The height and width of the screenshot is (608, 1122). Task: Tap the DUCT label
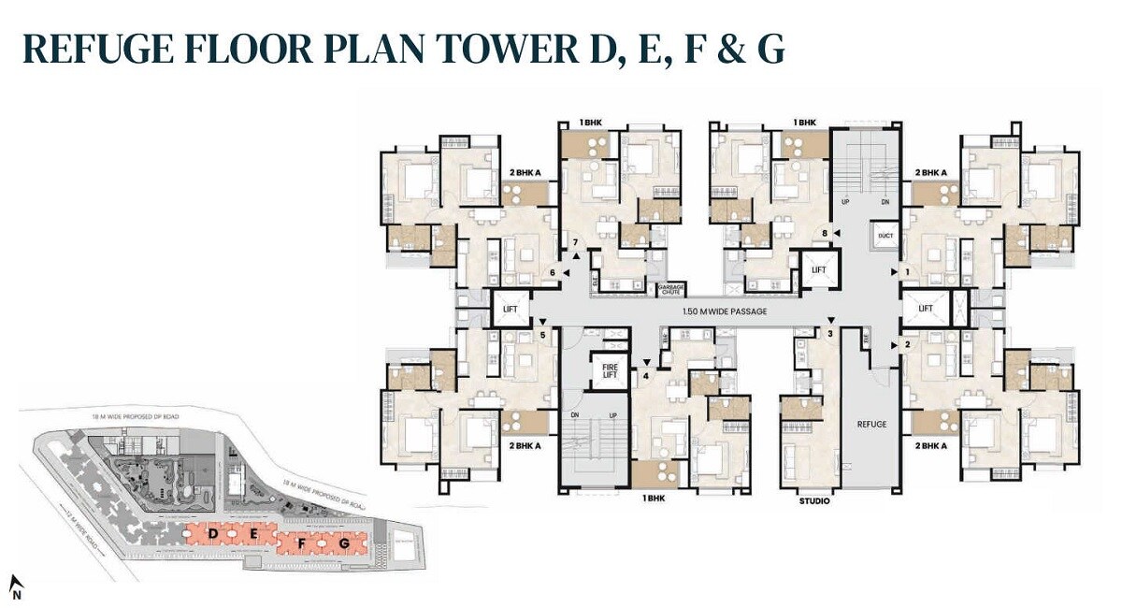(x=885, y=236)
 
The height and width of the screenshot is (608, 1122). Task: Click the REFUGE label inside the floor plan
(x=870, y=424)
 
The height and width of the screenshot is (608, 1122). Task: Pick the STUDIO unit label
(x=814, y=501)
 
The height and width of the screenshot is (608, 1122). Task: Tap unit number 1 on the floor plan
(x=906, y=271)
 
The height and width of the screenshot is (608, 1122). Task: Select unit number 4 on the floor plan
(x=646, y=376)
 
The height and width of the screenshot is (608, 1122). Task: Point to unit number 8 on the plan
(x=825, y=233)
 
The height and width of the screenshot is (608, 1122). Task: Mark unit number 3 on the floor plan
(x=829, y=333)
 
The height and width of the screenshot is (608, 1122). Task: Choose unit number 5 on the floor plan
(x=542, y=334)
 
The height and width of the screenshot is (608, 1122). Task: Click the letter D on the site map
(x=213, y=534)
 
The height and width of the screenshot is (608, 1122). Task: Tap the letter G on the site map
(x=345, y=543)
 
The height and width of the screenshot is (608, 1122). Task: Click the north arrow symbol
(x=15, y=586)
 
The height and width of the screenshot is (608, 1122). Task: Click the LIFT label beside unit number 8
(x=819, y=269)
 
